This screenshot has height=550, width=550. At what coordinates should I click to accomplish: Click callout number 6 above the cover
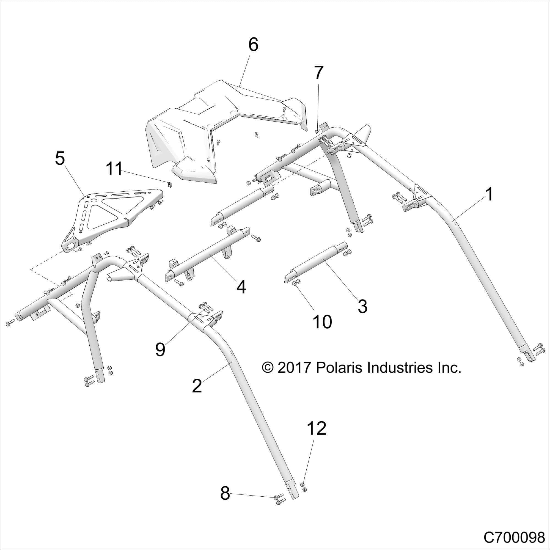[253, 45]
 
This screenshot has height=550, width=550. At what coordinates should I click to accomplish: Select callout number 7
[318, 73]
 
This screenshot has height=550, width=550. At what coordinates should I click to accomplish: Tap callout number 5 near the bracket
[60, 159]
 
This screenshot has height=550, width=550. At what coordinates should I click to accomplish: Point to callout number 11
[114, 169]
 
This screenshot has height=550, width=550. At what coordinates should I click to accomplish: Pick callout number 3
[362, 306]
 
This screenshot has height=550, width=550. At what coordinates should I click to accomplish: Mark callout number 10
[322, 322]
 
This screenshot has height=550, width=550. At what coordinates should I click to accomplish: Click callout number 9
[160, 349]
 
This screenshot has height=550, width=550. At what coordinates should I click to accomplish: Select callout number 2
[197, 386]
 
